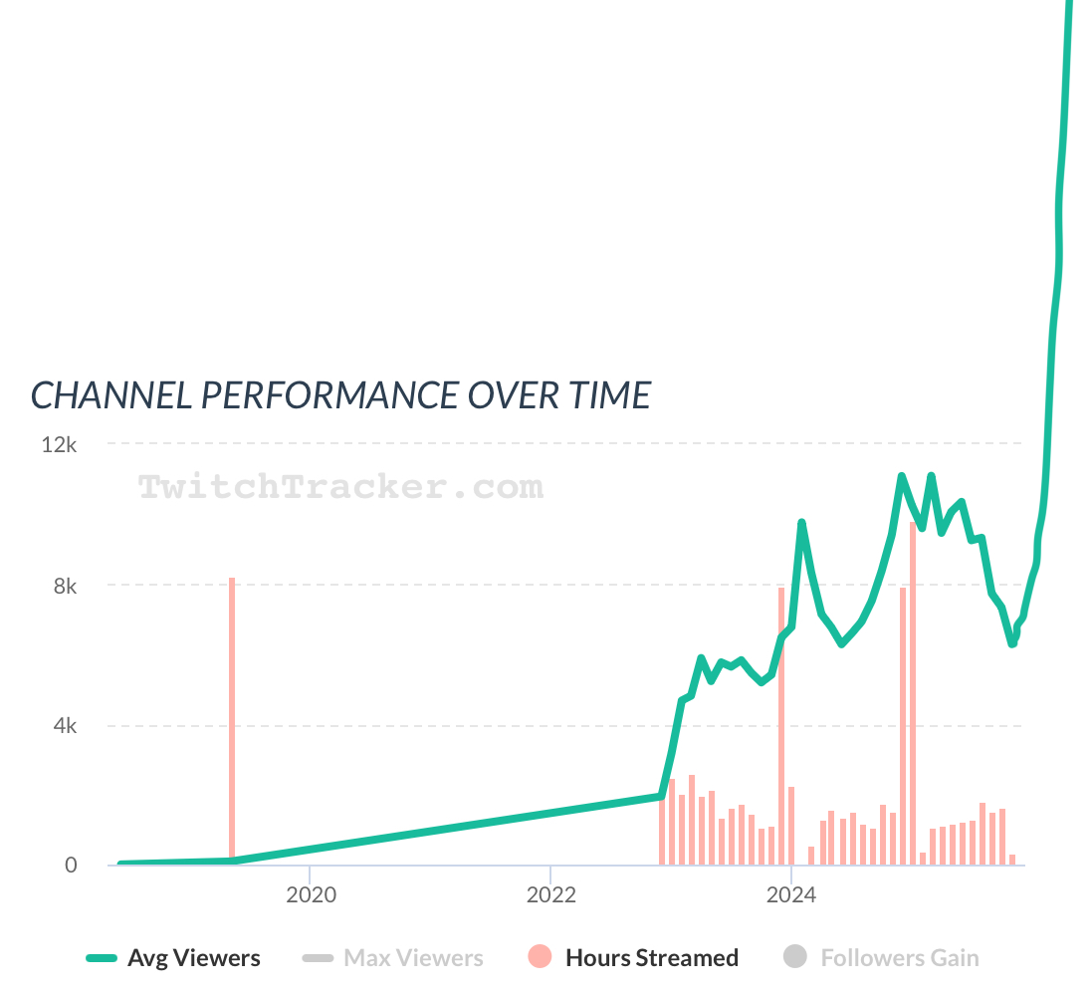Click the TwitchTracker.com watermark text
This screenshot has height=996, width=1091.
click(340, 487)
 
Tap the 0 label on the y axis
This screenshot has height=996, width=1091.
click(71, 866)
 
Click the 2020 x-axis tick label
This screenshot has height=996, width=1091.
click(311, 895)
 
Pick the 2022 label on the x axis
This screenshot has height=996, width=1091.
click(550, 895)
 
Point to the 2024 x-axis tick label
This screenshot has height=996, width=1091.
click(790, 895)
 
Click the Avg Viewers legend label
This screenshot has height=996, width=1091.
click(193, 958)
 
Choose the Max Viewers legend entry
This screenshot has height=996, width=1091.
click(413, 958)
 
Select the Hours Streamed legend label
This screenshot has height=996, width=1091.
click(652, 958)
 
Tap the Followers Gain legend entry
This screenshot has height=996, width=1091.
click(900, 958)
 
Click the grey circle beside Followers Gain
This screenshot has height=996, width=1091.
click(795, 958)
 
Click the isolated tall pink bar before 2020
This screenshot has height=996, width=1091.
click(232, 717)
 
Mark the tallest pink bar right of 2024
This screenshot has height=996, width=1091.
click(913, 697)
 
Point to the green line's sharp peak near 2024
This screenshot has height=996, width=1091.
click(801, 523)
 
